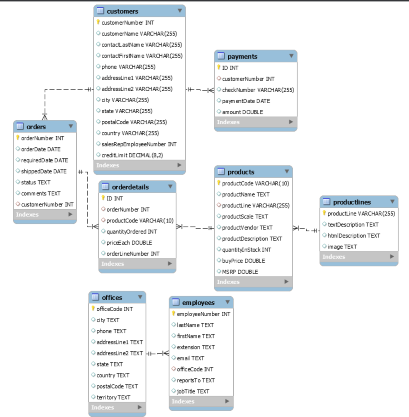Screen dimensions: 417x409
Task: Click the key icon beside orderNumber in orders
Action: tap(18, 138)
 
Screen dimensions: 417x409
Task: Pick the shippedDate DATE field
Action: tap(44, 171)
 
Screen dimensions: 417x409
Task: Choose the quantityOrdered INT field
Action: tap(131, 232)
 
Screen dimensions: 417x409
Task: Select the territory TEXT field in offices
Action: tap(113, 397)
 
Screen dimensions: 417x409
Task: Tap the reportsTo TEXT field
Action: tap(195, 380)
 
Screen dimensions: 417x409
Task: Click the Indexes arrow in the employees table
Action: tap(227, 401)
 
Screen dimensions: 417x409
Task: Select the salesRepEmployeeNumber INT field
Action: tap(139, 144)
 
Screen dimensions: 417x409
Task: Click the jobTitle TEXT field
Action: tap(193, 391)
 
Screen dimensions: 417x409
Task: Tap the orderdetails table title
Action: tap(130, 187)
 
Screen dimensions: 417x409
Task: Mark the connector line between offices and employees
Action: tap(157, 353)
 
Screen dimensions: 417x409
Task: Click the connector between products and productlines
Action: tap(306, 230)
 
